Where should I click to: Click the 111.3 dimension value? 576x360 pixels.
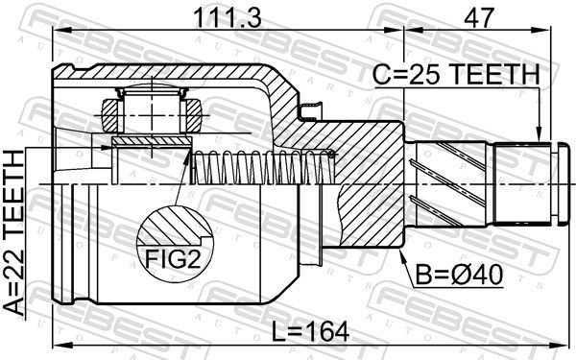[228, 17]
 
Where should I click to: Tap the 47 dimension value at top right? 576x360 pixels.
[478, 17]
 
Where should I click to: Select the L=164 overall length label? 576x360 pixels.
[310, 332]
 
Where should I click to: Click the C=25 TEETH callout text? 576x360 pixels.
[456, 74]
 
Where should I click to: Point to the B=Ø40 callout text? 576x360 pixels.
[459, 275]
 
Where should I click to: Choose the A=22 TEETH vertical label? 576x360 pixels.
[14, 233]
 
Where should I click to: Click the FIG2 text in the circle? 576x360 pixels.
[173, 258]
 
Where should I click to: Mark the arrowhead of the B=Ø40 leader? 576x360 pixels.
[402, 256]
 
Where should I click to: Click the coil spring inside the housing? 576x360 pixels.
[263, 167]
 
